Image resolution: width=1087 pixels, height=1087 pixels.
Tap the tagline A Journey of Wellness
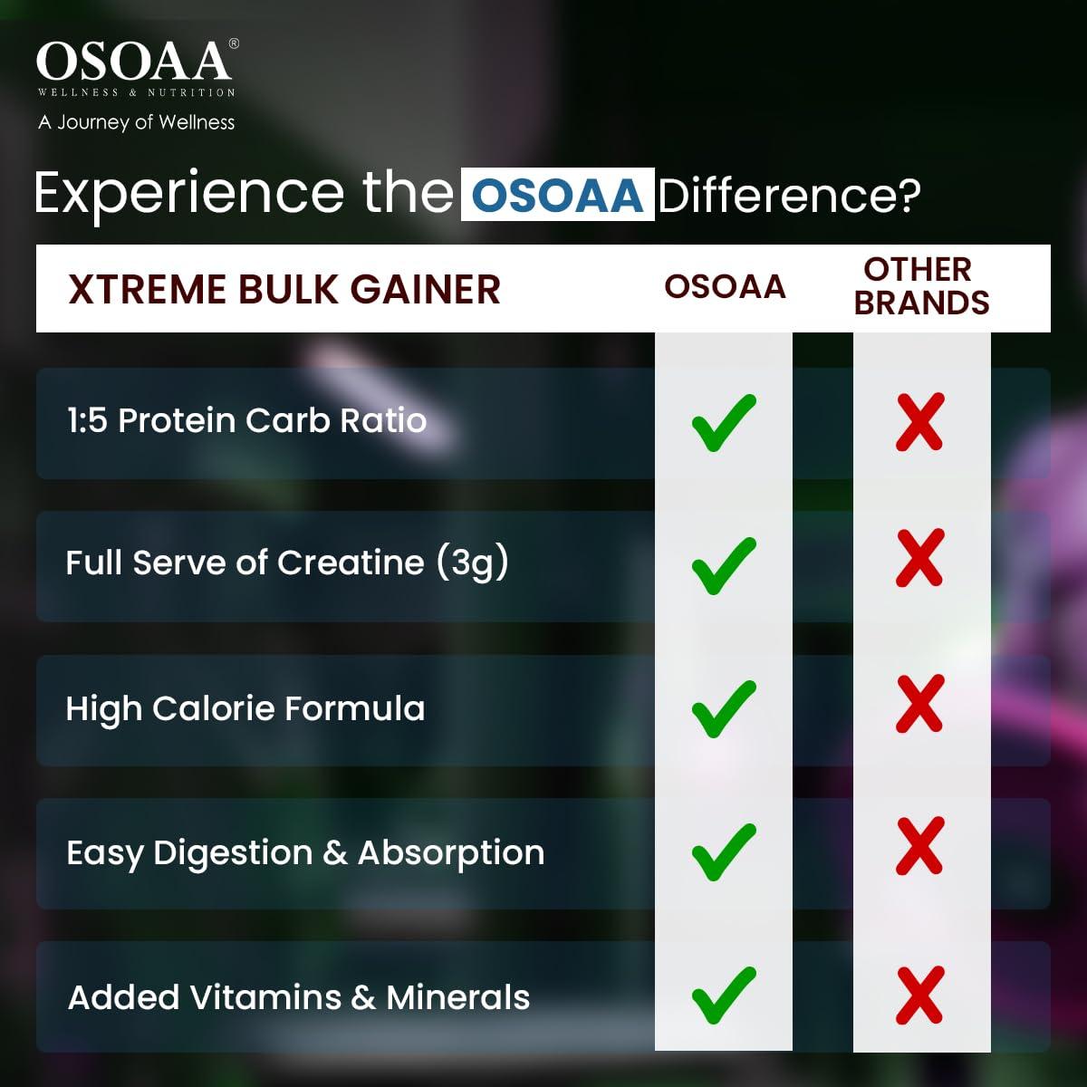[136, 122]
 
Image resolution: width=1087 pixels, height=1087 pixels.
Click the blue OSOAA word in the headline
[557, 195]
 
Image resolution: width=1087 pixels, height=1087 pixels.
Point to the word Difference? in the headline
[789, 195]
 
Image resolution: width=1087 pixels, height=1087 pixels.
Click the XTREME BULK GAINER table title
[284, 290]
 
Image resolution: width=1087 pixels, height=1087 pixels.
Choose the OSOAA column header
[725, 287]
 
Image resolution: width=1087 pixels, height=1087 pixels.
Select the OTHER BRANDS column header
[921, 286]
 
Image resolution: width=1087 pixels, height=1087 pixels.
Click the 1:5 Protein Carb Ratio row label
[246, 420]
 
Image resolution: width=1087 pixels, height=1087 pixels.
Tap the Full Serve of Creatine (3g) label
[287, 563]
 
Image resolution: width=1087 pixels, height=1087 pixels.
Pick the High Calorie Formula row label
[245, 708]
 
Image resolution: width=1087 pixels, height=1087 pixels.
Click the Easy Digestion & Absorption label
[305, 852]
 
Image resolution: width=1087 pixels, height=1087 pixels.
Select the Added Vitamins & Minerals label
[299, 997]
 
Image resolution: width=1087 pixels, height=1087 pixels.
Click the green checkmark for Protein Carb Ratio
[723, 422]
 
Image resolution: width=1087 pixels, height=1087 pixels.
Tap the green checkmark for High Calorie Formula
[723, 707]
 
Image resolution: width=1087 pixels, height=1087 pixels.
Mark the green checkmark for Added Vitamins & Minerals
[723, 995]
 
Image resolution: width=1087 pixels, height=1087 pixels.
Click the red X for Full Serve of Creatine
[920, 558]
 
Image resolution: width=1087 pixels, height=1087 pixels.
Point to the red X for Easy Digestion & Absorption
[920, 846]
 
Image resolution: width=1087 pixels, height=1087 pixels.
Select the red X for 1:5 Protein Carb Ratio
[920, 422]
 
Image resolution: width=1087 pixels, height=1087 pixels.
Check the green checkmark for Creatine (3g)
[723, 565]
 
